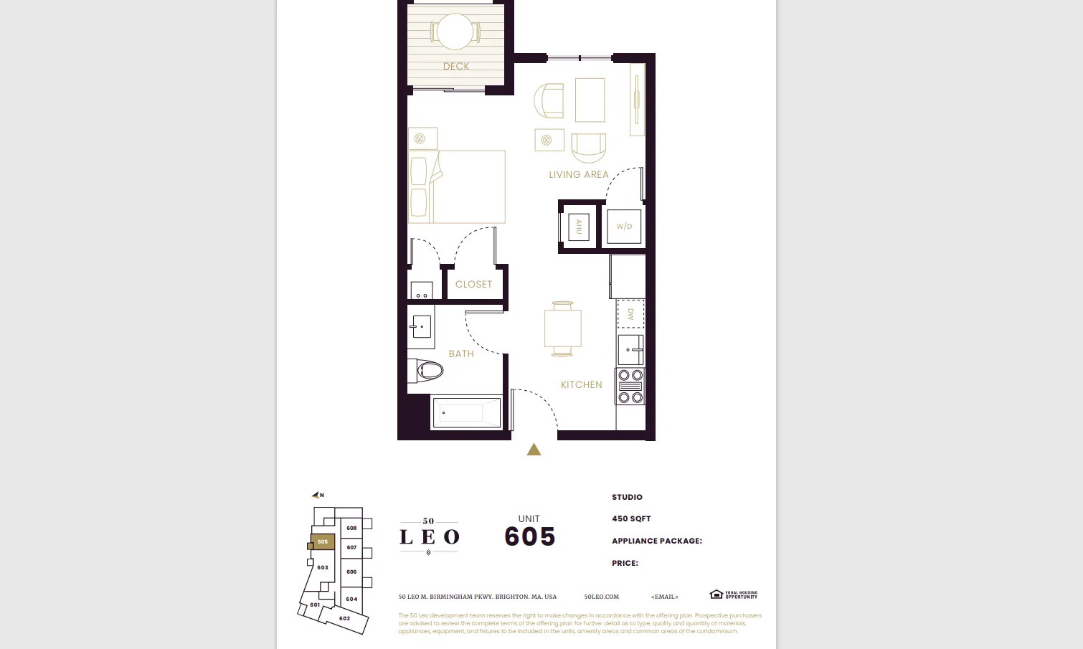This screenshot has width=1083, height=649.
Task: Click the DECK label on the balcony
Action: click(x=456, y=67)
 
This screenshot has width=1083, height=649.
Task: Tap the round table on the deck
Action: click(x=455, y=32)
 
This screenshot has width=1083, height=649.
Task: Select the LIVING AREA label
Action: click(x=579, y=175)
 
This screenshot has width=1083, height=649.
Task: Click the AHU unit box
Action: click(x=578, y=227)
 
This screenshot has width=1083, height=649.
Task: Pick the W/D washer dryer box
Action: click(x=624, y=227)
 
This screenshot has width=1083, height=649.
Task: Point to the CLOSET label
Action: click(x=474, y=285)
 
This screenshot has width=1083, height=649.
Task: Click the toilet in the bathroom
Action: click(x=429, y=370)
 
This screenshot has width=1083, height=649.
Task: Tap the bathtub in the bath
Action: click(x=466, y=413)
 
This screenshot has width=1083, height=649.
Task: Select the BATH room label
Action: click(x=461, y=354)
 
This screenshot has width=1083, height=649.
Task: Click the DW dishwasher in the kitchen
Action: click(x=630, y=314)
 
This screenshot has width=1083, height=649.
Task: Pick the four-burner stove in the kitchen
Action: click(x=630, y=386)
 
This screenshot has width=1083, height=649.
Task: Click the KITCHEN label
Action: click(x=582, y=385)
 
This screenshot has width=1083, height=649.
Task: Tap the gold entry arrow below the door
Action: click(x=534, y=450)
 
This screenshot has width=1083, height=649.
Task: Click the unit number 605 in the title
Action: click(x=530, y=536)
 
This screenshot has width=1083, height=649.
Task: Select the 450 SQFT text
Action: click(x=631, y=518)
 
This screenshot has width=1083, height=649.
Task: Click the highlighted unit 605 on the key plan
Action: click(x=323, y=541)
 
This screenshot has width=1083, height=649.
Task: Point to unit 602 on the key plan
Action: click(x=344, y=618)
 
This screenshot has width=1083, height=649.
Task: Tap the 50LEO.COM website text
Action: click(x=601, y=597)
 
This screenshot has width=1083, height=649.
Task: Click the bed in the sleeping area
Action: click(x=457, y=186)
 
